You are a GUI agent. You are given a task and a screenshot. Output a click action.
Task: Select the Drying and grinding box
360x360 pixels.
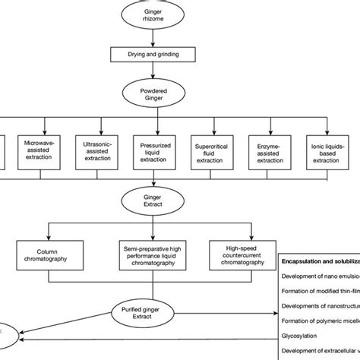tap(154, 55)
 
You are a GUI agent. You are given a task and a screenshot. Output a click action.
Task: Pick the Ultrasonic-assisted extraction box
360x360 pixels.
tap(96, 148)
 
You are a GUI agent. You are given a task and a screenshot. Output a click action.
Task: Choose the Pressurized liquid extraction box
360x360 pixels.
tap(154, 148)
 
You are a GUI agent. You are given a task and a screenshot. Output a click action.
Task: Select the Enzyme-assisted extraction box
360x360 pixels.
tap(270, 148)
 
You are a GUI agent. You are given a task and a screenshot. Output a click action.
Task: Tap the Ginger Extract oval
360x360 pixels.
tap(154, 201)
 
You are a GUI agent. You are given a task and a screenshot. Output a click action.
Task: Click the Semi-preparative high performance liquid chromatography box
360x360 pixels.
tap(154, 254)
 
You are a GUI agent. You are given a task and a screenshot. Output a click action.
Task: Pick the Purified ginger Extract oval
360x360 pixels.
tap(154, 311)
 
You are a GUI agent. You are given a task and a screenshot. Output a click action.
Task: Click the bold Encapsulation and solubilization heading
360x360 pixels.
tap(319, 261)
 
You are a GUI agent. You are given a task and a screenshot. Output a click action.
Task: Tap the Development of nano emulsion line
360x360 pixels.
tap(319, 278)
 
